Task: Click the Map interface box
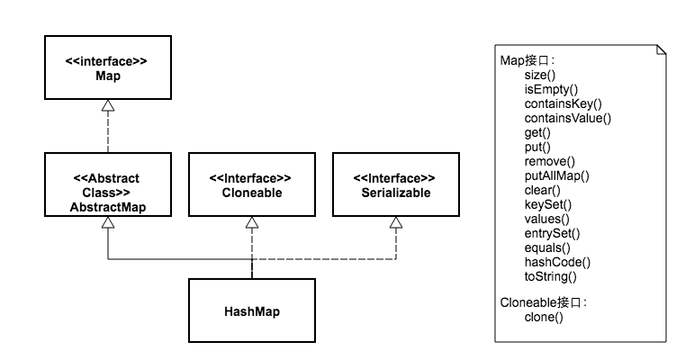click(x=107, y=67)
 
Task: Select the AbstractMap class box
click(x=107, y=185)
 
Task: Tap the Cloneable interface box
click(x=252, y=185)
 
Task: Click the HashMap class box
click(x=252, y=310)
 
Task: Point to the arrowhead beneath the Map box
click(x=108, y=106)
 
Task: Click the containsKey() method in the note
click(x=563, y=103)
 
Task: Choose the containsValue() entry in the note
click(x=567, y=118)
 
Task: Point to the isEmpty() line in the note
click(x=550, y=89)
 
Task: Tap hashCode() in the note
click(x=556, y=262)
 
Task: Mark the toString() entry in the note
click(x=550, y=276)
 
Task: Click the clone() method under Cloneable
click(x=544, y=318)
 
